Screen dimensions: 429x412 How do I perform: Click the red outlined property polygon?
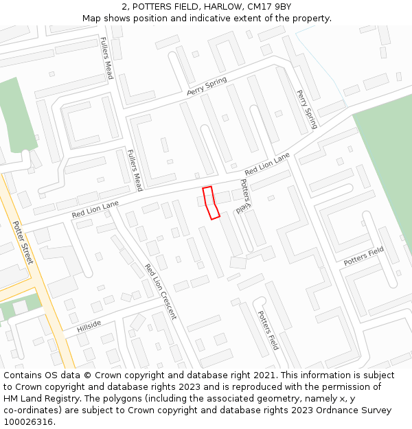click(x=210, y=202)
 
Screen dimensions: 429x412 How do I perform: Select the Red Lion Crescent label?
click(x=161, y=292)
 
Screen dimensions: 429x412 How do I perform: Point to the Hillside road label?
click(x=89, y=325)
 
